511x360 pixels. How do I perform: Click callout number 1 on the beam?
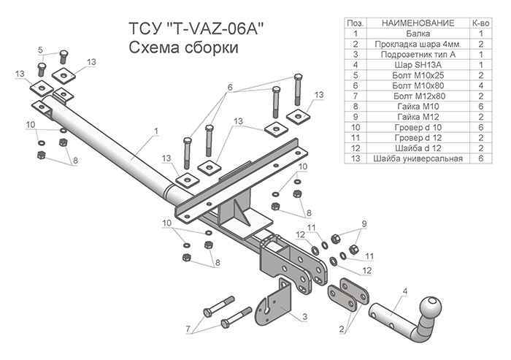(x=155, y=131)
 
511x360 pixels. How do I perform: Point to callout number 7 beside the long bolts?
(x=188, y=328)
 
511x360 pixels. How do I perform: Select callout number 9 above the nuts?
(x=364, y=223)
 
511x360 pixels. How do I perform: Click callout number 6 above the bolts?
(x=229, y=86)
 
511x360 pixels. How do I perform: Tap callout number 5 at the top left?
(x=42, y=50)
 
